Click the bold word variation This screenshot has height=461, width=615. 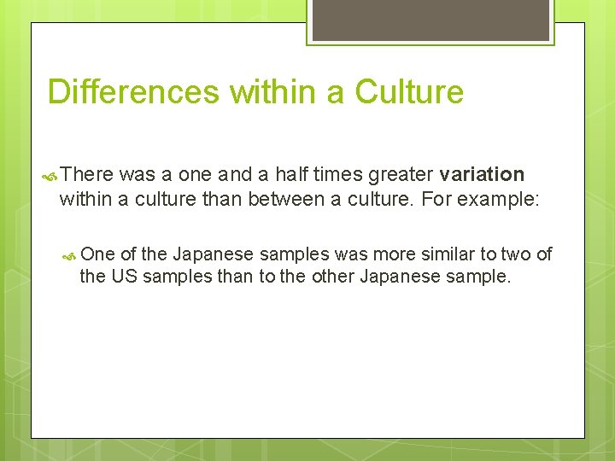[482, 175]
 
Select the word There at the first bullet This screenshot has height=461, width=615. [87, 175]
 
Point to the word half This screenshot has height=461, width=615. [275, 175]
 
